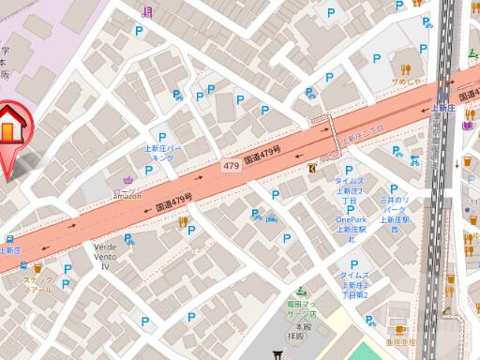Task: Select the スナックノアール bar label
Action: pos(38,284)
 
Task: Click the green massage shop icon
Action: pos(301,292)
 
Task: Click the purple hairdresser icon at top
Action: pos(145,11)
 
